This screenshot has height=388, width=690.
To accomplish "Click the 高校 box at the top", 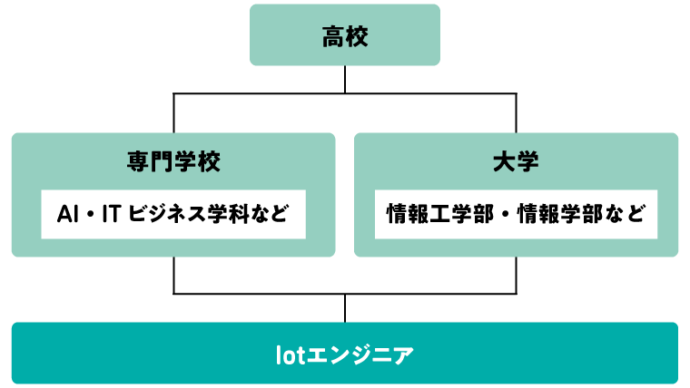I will (345, 35).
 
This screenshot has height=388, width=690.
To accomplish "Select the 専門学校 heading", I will (173, 163).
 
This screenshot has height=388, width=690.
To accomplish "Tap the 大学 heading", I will (516, 163).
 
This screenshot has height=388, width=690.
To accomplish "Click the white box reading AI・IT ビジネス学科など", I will (172, 215).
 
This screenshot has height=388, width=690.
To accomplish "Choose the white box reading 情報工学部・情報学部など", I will (516, 215).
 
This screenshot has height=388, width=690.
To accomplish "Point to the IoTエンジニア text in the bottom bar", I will (345, 353).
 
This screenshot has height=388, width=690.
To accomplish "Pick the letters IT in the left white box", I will (113, 215).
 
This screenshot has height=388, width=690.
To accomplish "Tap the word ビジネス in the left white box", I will (164, 215).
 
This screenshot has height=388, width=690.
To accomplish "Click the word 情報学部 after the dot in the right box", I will (553, 215).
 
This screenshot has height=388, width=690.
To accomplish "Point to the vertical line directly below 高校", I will (345, 79).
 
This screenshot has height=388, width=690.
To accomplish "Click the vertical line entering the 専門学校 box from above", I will (173, 113).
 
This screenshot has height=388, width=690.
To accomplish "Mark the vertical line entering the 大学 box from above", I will (516, 113).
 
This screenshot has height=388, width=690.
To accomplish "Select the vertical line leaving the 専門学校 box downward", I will (173, 275).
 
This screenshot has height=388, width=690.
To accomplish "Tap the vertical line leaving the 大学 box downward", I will (516, 275).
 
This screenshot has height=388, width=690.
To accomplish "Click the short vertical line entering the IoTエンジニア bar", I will (345, 308).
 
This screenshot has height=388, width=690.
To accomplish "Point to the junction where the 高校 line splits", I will (345, 93).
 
